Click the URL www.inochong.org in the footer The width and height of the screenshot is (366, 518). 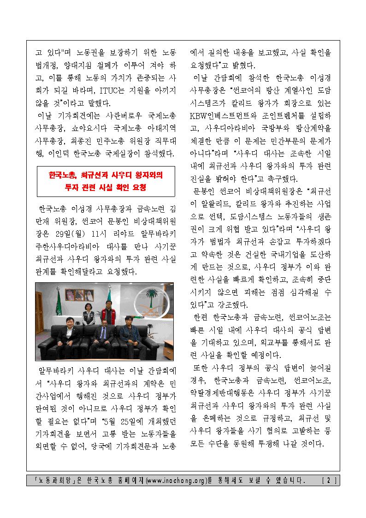(176, 480)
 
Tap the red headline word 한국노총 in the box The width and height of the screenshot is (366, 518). (63, 176)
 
